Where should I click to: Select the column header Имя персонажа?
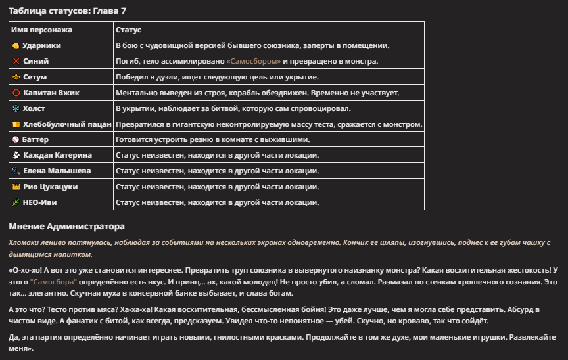click(42, 30)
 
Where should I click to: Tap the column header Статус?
click(128, 30)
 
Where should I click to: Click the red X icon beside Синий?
click(16, 61)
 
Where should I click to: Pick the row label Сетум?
click(35, 77)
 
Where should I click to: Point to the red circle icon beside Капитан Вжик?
click(16, 93)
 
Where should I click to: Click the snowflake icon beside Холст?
click(16, 108)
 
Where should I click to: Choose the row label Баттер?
click(35, 139)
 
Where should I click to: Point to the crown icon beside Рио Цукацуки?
click(16, 187)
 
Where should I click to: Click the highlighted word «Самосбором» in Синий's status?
click(254, 61)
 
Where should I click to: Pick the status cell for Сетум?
click(217, 77)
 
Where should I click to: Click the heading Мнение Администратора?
click(66, 227)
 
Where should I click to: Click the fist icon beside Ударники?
click(16, 45)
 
